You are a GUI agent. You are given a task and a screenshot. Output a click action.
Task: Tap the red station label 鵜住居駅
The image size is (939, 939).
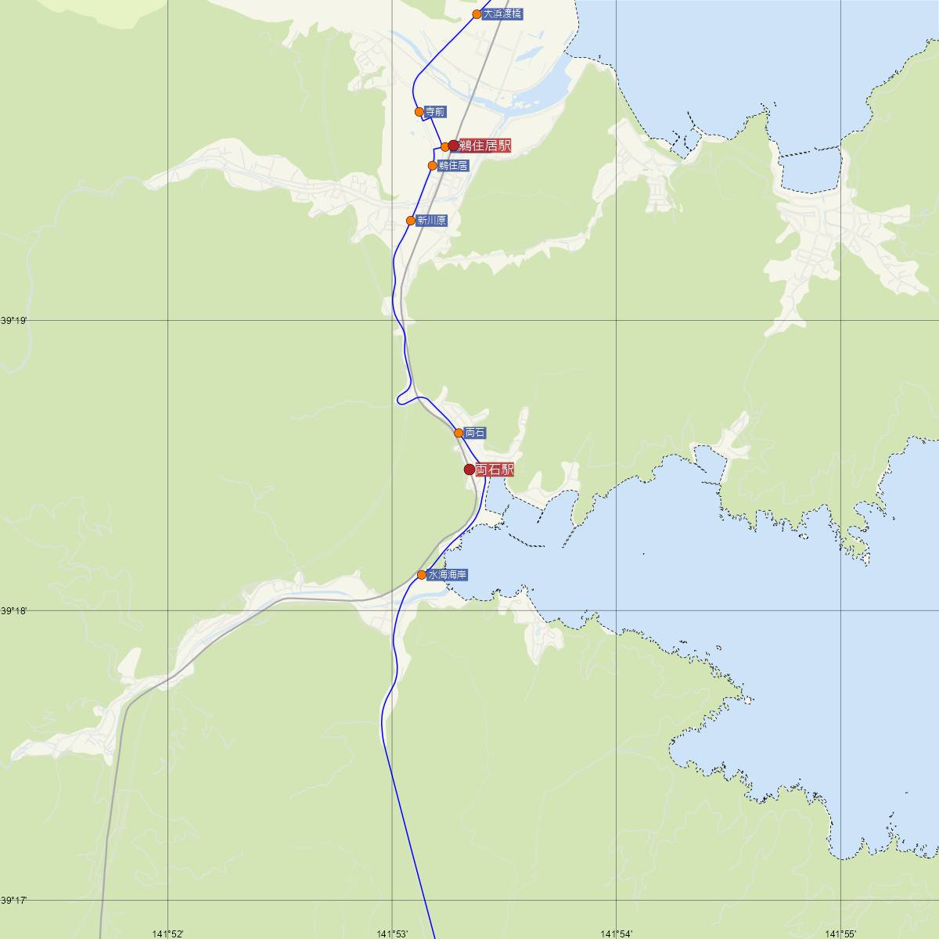point(485,146)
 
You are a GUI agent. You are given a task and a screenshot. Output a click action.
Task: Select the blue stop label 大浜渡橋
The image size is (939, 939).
point(502,14)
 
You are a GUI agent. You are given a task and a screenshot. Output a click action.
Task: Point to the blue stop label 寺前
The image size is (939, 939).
point(435,112)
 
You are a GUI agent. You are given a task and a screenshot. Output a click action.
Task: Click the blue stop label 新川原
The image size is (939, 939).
point(431,221)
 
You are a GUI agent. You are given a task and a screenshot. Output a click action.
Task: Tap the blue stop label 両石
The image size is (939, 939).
point(475,433)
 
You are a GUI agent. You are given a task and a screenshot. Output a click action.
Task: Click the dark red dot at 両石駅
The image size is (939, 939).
point(469,469)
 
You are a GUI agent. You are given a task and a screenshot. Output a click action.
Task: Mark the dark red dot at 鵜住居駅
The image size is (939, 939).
point(453,146)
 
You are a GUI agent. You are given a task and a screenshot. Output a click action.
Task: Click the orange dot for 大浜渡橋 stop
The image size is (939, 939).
point(477,14)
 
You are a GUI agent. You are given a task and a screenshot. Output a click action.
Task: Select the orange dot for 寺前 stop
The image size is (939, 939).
point(419,112)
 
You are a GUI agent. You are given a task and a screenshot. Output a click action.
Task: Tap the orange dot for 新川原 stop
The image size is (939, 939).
point(411,221)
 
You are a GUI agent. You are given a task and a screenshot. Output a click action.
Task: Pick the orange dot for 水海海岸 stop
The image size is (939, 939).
point(422,575)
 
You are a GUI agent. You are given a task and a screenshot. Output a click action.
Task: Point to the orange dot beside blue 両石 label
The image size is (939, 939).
point(459,433)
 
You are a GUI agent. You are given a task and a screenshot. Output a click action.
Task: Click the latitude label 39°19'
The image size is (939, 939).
point(13,321)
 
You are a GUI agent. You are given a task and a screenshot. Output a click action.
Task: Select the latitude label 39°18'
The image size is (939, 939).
point(13,610)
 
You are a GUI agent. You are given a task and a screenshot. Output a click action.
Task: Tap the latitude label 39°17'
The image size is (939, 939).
point(13,900)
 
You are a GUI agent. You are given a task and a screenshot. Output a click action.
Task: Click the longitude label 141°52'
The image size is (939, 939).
point(167,933)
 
